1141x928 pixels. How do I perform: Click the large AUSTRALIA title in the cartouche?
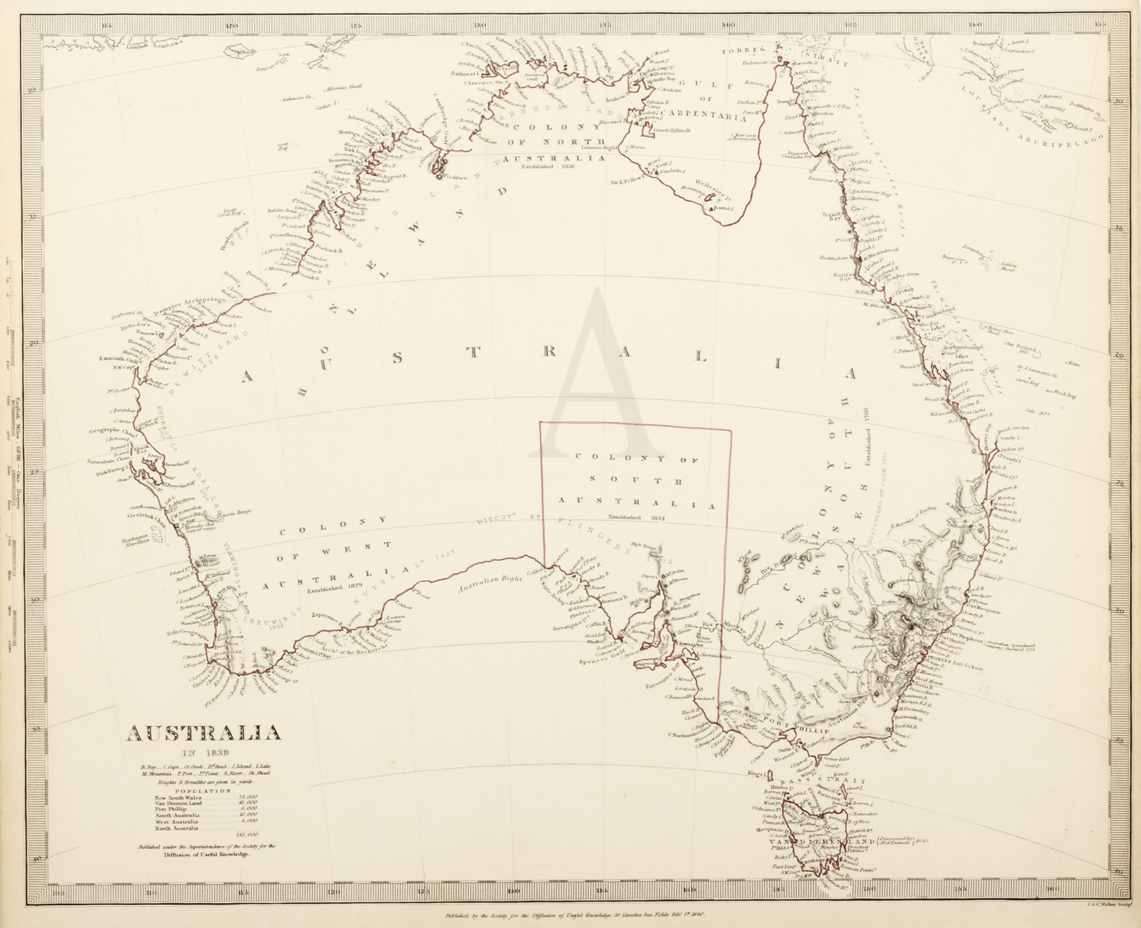coord(204,734)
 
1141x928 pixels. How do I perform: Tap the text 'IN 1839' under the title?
coord(204,752)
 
